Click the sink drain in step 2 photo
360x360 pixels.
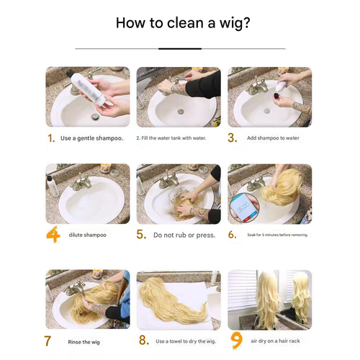click(x=181, y=112)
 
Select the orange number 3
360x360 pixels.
click(x=232, y=138)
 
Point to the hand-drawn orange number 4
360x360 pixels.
click(x=53, y=234)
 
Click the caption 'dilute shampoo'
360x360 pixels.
click(x=87, y=235)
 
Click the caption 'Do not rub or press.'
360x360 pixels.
click(x=184, y=235)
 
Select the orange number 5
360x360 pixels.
click(x=141, y=235)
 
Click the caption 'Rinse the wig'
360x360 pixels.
click(x=84, y=342)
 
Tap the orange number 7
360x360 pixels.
click(x=48, y=341)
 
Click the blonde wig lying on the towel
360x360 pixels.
click(x=172, y=300)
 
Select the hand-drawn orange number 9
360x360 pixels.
click(x=236, y=340)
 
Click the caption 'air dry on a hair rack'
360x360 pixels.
click(x=275, y=341)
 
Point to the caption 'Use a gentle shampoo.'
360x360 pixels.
click(x=91, y=138)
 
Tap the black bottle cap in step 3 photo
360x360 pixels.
click(x=278, y=96)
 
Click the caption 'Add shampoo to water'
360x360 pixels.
click(x=273, y=138)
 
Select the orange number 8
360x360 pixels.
click(x=144, y=341)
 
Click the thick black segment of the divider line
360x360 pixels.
click(x=180, y=49)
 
